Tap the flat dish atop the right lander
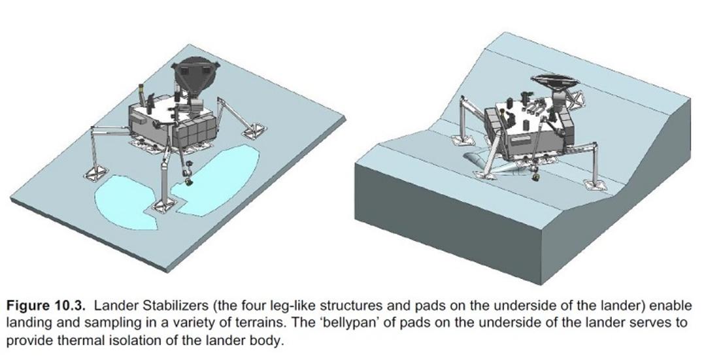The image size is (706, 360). click(x=555, y=82)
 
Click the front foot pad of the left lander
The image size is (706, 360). click(x=164, y=206)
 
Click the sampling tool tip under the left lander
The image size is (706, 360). click(x=188, y=182)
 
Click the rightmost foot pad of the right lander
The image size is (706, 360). click(x=595, y=184)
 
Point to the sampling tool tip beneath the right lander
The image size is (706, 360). click(x=536, y=177)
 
